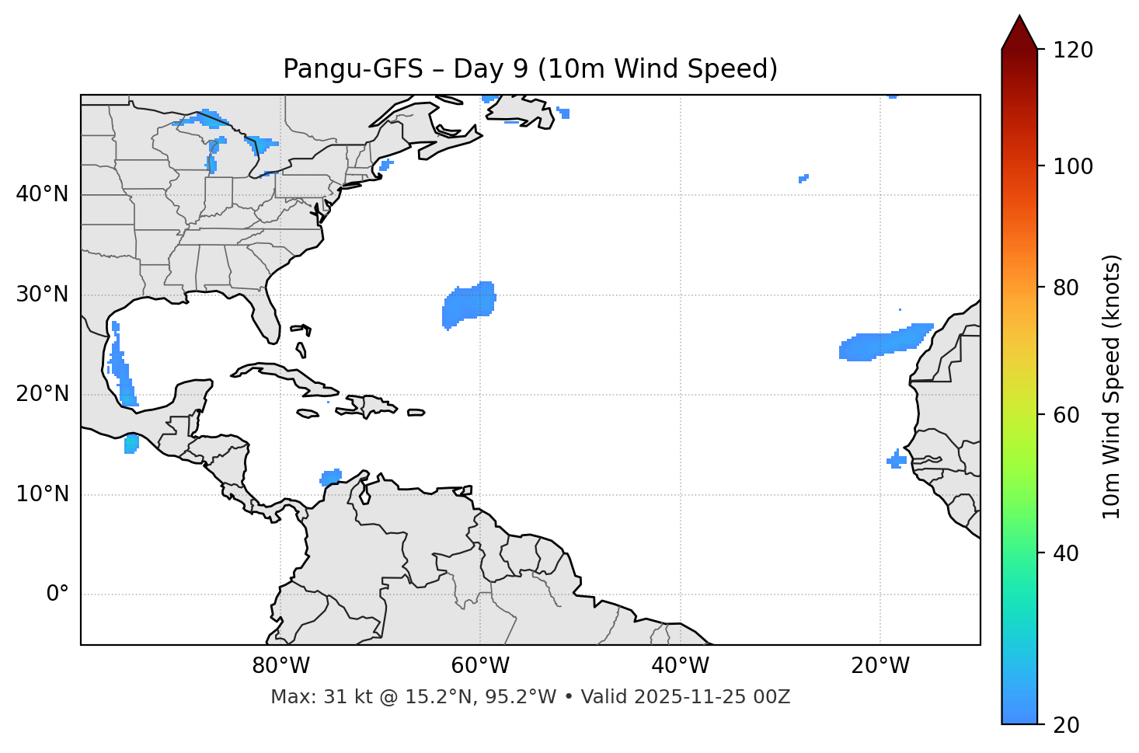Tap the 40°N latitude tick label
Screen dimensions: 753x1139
(x=42, y=194)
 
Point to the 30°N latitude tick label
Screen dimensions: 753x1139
(x=42, y=295)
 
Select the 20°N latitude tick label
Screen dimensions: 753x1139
(x=42, y=394)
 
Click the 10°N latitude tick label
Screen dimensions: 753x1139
(x=42, y=494)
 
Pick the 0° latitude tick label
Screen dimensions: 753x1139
(x=57, y=594)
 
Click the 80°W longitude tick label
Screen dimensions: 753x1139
(x=280, y=666)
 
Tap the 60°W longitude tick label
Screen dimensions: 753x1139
(x=480, y=666)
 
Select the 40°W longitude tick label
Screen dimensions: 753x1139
(x=680, y=666)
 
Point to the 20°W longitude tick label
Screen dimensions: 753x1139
(x=880, y=666)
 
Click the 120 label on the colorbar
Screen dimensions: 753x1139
(x=1073, y=51)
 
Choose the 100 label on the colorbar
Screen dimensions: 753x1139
(x=1073, y=166)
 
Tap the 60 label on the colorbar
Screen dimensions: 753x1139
(x=1067, y=415)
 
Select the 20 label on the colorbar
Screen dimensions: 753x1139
(x=1067, y=725)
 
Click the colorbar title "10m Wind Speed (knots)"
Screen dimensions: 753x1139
(x=1112, y=386)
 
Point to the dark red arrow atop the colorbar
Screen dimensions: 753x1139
(x=1019, y=33)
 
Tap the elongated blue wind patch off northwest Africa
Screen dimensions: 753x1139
(x=883, y=344)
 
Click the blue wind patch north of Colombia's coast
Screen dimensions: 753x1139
(x=331, y=476)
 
